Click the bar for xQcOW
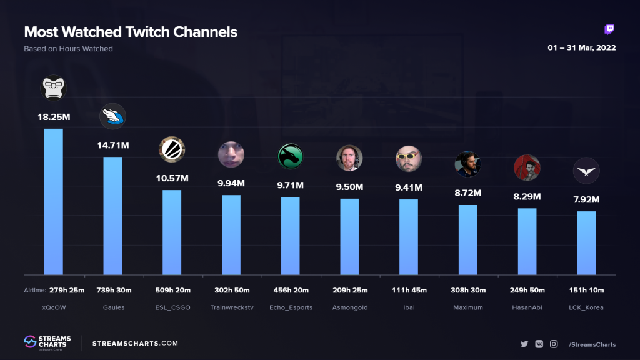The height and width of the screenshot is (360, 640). (x=53, y=201)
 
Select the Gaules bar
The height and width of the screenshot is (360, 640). (x=112, y=216)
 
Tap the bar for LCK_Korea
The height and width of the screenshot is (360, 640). (x=586, y=242)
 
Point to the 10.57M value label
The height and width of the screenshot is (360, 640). (x=172, y=179)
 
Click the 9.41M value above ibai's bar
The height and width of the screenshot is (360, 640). (x=409, y=187)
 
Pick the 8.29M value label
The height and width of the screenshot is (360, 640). (x=527, y=197)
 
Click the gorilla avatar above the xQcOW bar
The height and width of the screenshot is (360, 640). (x=53, y=87)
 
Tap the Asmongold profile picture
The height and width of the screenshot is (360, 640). (x=349, y=158)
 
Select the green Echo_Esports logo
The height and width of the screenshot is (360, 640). (x=290, y=156)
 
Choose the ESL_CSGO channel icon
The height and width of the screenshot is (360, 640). (x=172, y=149)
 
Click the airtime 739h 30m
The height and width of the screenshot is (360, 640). (x=112, y=290)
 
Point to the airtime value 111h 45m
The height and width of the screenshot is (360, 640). (x=409, y=290)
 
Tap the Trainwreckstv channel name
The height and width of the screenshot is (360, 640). (x=231, y=307)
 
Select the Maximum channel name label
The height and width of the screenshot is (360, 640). (x=467, y=307)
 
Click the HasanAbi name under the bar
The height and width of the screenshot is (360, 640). (x=527, y=307)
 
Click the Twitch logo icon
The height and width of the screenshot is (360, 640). (x=609, y=29)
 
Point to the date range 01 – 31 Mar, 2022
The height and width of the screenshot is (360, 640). (x=582, y=48)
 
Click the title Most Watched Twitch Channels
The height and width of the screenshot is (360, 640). (x=131, y=32)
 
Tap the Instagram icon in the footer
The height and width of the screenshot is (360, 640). (x=554, y=344)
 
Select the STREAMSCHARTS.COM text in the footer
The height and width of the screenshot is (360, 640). (x=135, y=343)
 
